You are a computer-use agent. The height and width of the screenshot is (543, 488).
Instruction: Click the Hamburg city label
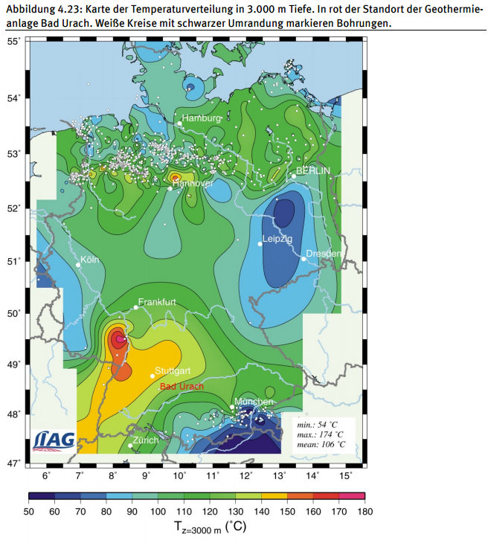point(202,118)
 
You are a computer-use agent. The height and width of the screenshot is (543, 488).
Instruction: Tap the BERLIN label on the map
point(312,170)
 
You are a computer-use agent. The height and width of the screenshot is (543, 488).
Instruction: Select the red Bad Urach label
point(182,387)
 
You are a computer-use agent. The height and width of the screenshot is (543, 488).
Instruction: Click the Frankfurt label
point(157,302)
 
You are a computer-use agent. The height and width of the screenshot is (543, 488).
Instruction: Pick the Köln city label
point(89,260)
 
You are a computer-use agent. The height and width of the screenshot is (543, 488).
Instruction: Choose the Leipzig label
point(277,239)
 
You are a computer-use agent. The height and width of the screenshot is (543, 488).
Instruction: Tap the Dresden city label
point(324,254)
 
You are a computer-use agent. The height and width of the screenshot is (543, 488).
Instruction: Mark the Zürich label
point(146,440)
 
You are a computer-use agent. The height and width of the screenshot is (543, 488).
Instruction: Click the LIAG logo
point(54,440)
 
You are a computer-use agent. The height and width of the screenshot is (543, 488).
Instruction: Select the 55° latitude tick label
point(13,41)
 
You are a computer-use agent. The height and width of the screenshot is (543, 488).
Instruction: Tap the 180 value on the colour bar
point(365,511)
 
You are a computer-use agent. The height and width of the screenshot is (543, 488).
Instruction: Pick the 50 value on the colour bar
point(30,511)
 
